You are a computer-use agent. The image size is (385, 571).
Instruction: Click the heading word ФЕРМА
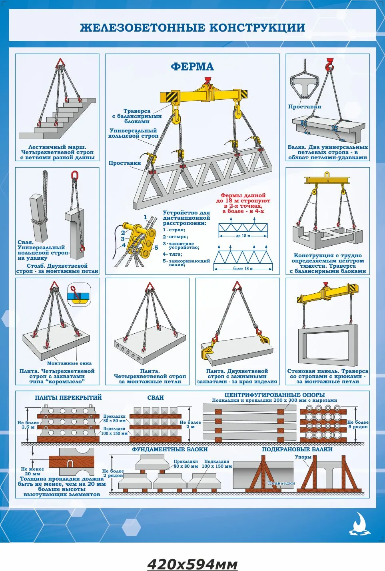coord(192,66)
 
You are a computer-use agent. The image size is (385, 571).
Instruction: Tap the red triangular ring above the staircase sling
coord(60,62)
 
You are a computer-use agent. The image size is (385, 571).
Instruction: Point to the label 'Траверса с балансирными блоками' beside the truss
coord(137,116)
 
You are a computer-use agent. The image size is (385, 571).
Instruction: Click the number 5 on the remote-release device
coord(156,248)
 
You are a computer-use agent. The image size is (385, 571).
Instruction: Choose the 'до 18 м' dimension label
coord(243,236)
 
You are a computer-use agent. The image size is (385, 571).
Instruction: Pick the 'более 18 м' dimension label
coord(243,268)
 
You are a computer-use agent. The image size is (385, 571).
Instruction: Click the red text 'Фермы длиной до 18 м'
coord(243,198)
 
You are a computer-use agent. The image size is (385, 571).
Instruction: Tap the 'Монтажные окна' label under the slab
coord(69,363)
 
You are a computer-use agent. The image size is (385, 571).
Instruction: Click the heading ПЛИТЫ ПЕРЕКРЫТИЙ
coord(68,397)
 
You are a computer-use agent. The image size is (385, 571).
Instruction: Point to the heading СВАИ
coord(156,397)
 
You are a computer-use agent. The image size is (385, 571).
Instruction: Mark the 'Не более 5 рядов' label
coord(358,425)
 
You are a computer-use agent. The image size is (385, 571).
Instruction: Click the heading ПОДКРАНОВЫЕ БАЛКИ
coord(297,449)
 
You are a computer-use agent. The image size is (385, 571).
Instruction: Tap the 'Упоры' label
coord(303,457)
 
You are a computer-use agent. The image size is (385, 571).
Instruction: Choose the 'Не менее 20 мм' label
coord(32,471)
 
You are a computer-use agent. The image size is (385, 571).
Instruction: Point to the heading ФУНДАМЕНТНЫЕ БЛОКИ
coord(170,449)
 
